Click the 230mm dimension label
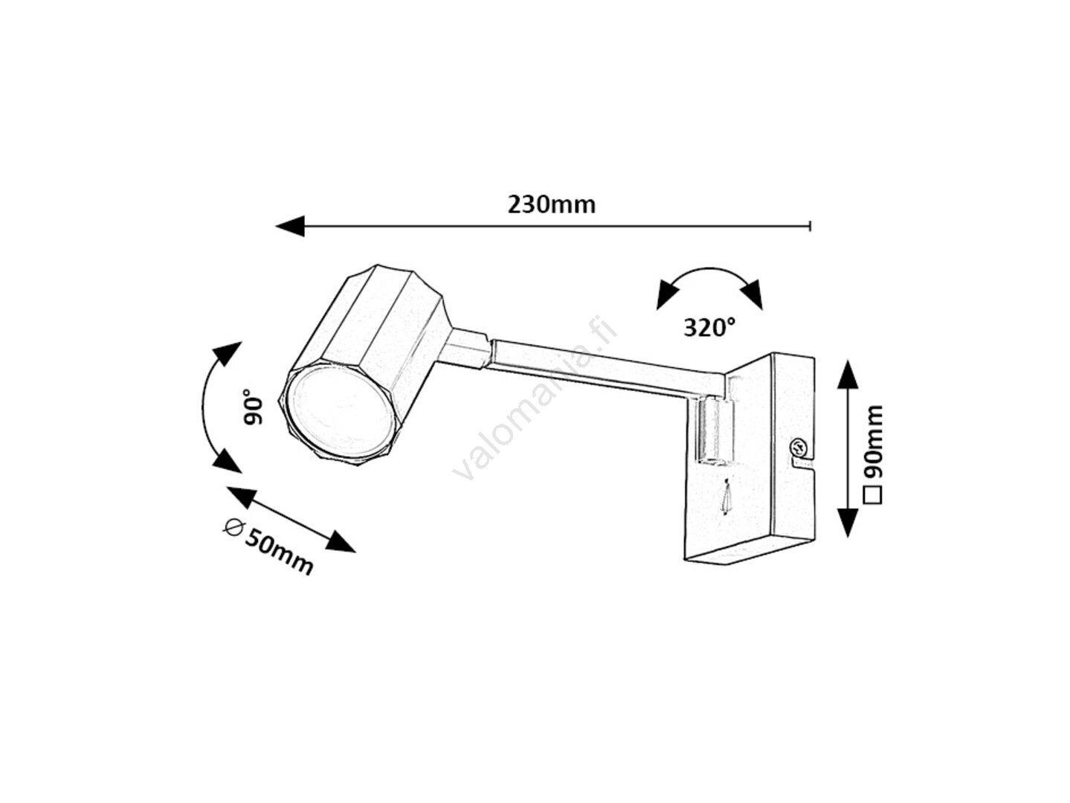tap(551, 204)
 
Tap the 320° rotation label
tap(709, 327)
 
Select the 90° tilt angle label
tap(254, 408)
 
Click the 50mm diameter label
tap(279, 551)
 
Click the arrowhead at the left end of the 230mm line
tap(290, 225)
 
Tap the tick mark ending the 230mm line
tap(810, 225)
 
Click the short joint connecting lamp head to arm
tap(468, 349)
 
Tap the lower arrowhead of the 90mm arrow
tap(848, 522)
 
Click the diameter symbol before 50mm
tap(233, 526)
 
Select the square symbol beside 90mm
tap(874, 494)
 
